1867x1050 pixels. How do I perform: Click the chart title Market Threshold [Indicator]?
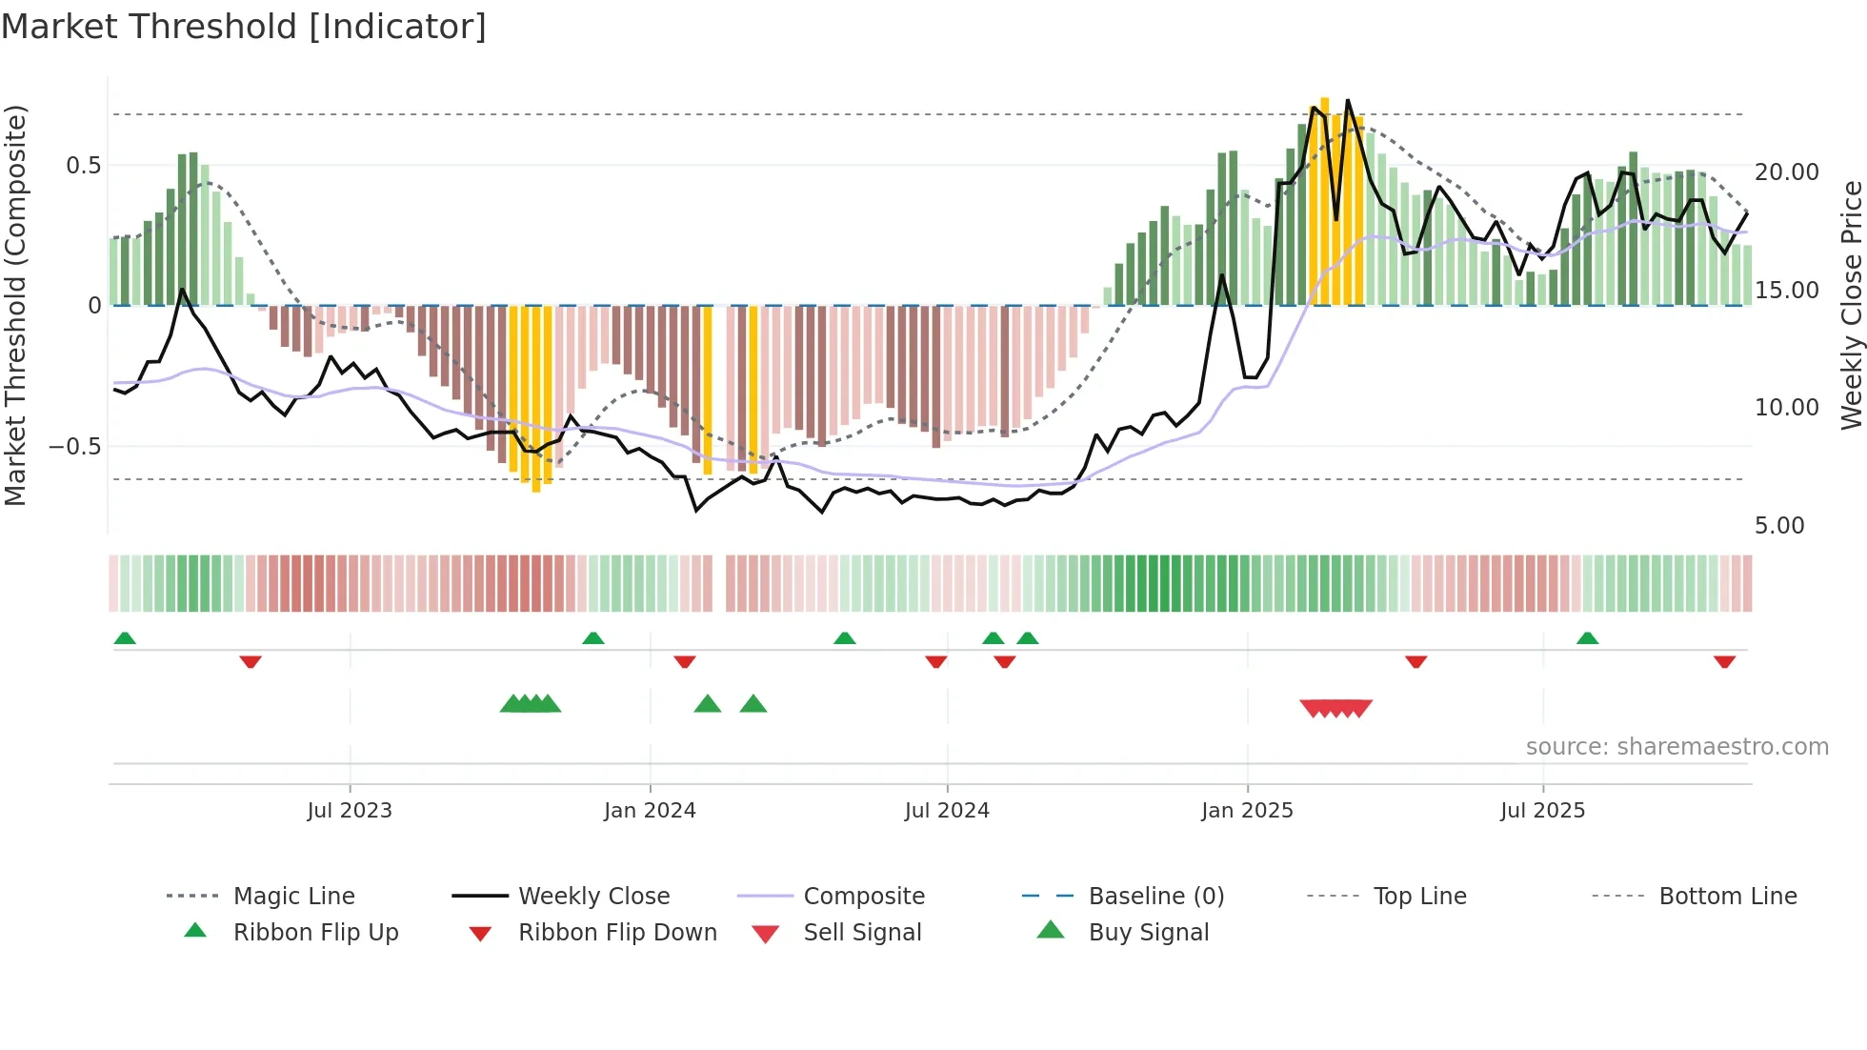pyautogui.click(x=244, y=27)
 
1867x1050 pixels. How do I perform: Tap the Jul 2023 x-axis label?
pyautogui.click(x=349, y=811)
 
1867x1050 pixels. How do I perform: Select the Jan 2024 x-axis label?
pyautogui.click(x=650, y=811)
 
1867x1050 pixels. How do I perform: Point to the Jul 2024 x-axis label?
pyautogui.click(x=947, y=811)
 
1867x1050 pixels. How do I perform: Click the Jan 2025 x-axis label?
pyautogui.click(x=1247, y=811)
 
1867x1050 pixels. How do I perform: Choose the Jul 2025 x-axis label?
pyautogui.click(x=1542, y=811)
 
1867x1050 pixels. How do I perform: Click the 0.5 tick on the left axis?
pyautogui.click(x=83, y=166)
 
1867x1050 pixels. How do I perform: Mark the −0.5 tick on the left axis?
pyautogui.click(x=75, y=447)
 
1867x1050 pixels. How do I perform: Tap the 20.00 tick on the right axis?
pyautogui.click(x=1787, y=172)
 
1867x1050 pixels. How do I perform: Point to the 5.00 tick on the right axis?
pyautogui.click(x=1779, y=526)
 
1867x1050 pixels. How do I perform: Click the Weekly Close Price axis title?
pyautogui.click(x=1851, y=305)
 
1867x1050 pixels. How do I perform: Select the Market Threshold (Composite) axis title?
pyautogui.click(x=15, y=305)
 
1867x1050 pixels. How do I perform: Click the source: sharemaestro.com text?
pyautogui.click(x=1676, y=747)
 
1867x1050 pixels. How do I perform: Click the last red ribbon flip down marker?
pyautogui.click(x=1724, y=661)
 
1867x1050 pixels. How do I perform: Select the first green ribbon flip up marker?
pyautogui.click(x=125, y=638)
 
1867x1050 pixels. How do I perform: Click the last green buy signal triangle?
pyautogui.click(x=753, y=704)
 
